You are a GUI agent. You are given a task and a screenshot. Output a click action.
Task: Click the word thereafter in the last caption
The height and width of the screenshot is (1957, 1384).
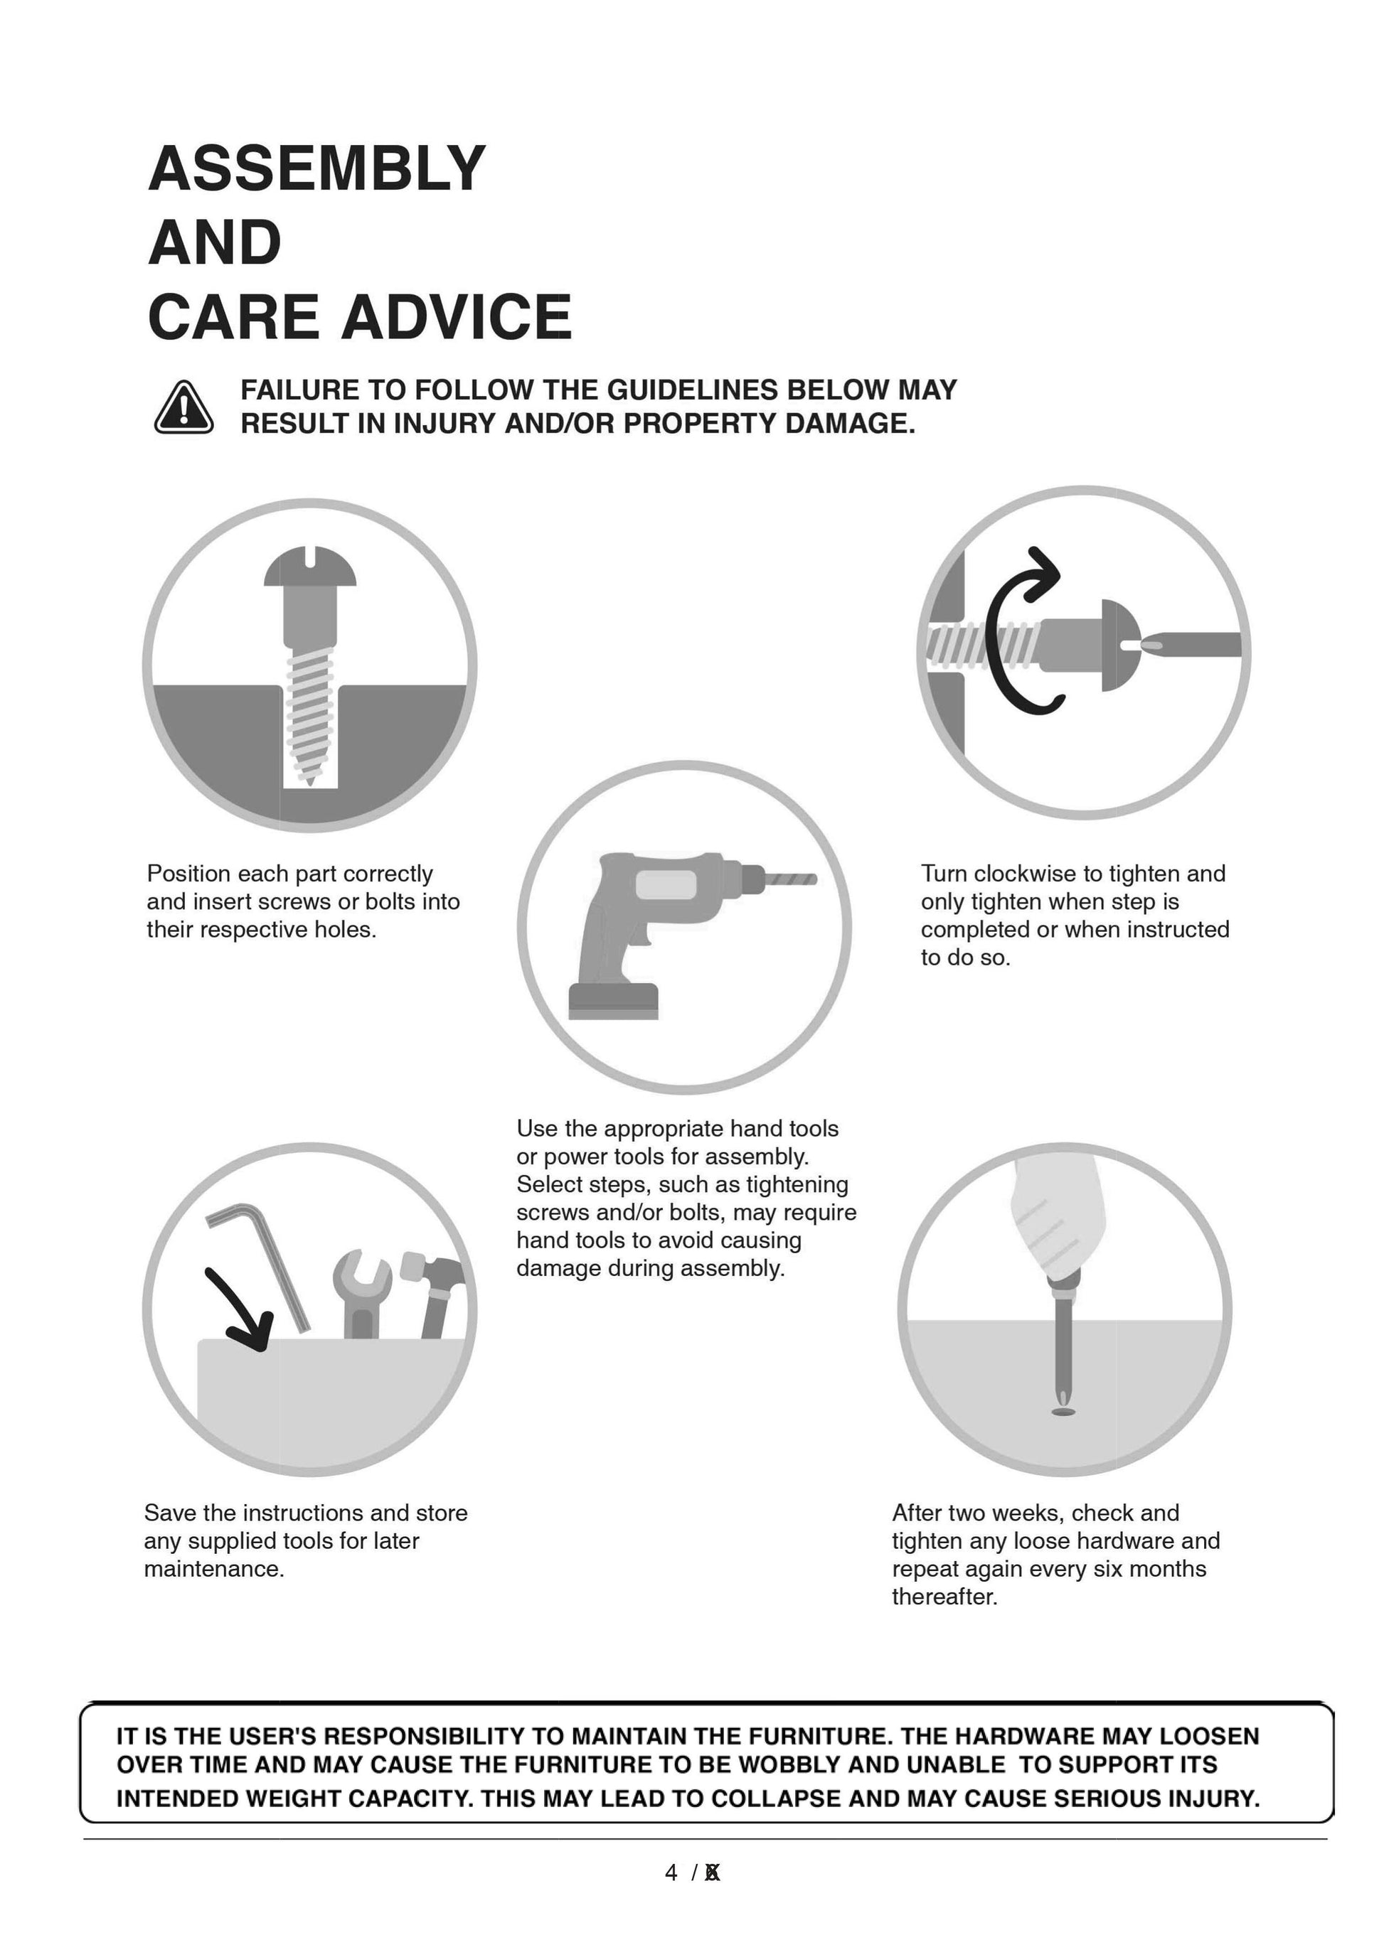[944, 1597]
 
